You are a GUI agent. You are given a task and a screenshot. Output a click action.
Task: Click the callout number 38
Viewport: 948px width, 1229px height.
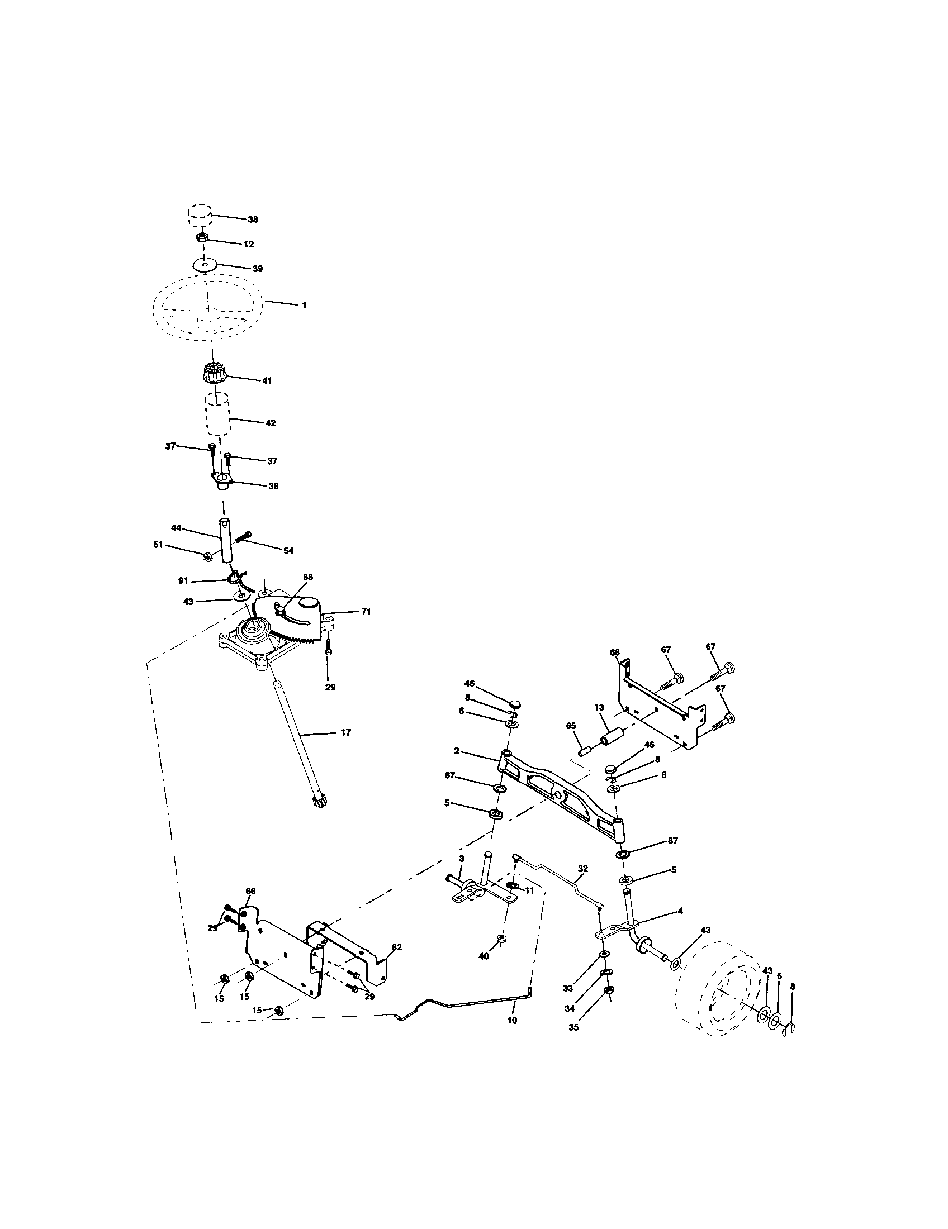[x=253, y=220]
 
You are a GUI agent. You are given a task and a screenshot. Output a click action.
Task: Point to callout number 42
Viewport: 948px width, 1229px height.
[x=270, y=423]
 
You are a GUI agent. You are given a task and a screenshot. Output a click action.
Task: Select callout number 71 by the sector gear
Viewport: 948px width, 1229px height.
[x=366, y=612]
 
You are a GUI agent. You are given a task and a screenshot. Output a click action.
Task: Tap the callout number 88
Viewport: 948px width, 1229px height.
[x=308, y=577]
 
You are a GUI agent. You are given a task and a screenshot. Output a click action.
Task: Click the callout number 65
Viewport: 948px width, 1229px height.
[x=571, y=726]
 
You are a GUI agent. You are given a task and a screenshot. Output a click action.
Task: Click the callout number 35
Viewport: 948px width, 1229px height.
[x=573, y=1026]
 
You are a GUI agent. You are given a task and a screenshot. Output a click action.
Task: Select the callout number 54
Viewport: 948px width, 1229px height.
[x=288, y=551]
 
